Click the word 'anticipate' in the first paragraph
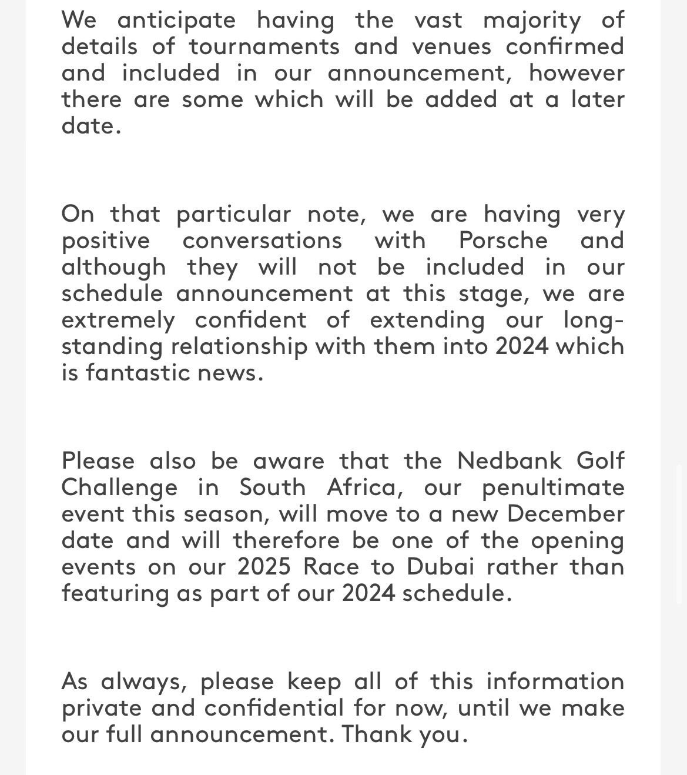pyautogui.click(x=176, y=21)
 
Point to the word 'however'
pyautogui.click(x=577, y=73)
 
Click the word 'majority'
pyautogui.click(x=531, y=21)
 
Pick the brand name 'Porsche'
pyautogui.click(x=503, y=240)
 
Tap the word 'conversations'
pyautogui.click(x=262, y=240)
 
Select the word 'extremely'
pyautogui.click(x=118, y=320)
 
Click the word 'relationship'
pyautogui.click(x=239, y=346)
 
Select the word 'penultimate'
pyautogui.click(x=553, y=487)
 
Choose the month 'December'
pyautogui.click(x=565, y=514)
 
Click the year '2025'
pyautogui.click(x=264, y=566)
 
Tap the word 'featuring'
pyautogui.click(x=115, y=593)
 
